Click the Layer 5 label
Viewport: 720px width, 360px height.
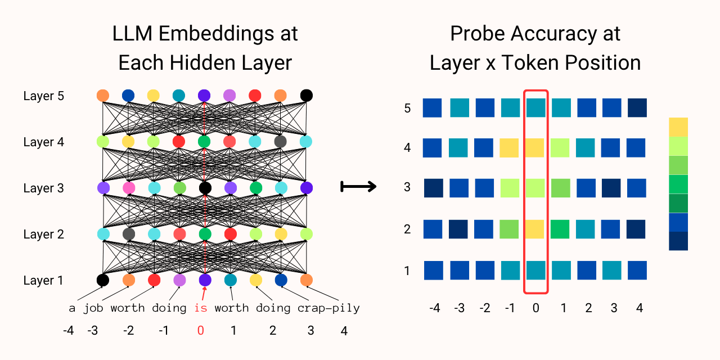click(x=44, y=96)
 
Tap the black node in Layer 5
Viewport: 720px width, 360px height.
click(x=307, y=96)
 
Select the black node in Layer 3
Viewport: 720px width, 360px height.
click(x=205, y=188)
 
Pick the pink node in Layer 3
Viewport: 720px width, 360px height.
click(x=129, y=188)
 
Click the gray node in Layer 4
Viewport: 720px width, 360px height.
click(x=280, y=141)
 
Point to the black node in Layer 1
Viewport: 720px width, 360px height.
click(x=103, y=280)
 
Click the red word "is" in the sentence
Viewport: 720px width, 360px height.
click(x=201, y=308)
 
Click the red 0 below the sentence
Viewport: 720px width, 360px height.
click(x=201, y=330)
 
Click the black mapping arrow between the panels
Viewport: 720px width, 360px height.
click(x=358, y=186)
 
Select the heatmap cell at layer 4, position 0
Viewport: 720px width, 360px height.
click(x=535, y=148)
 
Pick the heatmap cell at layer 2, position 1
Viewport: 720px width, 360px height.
click(x=560, y=229)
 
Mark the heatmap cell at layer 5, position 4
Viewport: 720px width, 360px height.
click(x=637, y=107)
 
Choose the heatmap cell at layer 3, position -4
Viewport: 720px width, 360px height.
click(x=433, y=188)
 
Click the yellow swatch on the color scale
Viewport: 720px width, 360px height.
click(x=678, y=127)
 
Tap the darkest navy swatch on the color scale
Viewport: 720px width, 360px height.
click(x=678, y=241)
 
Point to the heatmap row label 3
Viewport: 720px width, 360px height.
click(x=407, y=187)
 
